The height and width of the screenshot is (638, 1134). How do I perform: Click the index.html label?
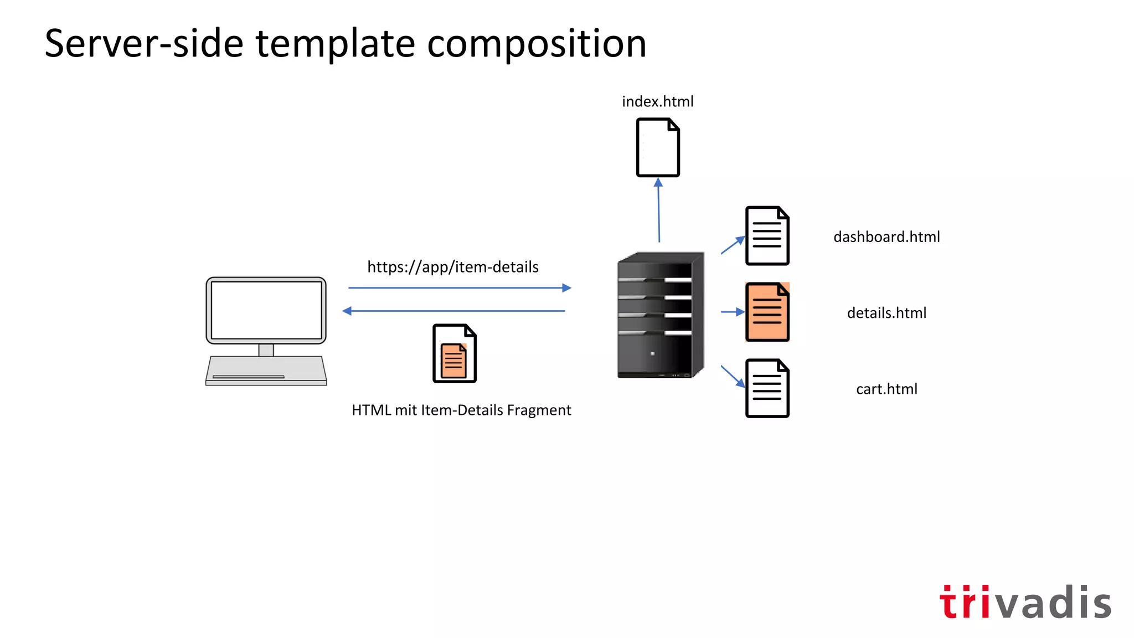click(x=657, y=102)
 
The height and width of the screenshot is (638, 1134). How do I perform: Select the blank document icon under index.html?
click(x=657, y=147)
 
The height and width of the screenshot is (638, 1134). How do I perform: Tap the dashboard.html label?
click(x=886, y=237)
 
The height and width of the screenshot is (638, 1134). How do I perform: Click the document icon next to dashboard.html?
click(x=767, y=236)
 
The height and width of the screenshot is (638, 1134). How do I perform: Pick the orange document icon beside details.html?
click(x=767, y=312)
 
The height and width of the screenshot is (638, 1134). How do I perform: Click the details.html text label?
click(x=886, y=313)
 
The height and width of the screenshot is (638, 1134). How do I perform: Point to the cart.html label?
click(x=886, y=389)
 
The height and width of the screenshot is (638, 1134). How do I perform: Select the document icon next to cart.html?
click(x=767, y=388)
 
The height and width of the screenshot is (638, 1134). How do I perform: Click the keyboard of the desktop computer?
click(x=266, y=370)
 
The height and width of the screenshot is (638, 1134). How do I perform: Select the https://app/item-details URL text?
click(x=452, y=267)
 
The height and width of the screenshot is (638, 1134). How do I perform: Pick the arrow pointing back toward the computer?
click(x=454, y=311)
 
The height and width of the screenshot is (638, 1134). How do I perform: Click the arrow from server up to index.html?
click(x=658, y=210)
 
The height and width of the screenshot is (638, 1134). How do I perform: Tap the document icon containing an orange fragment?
click(x=454, y=353)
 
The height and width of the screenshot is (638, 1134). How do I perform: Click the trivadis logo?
click(x=1025, y=602)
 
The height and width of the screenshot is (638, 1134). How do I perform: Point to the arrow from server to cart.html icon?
click(x=733, y=376)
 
